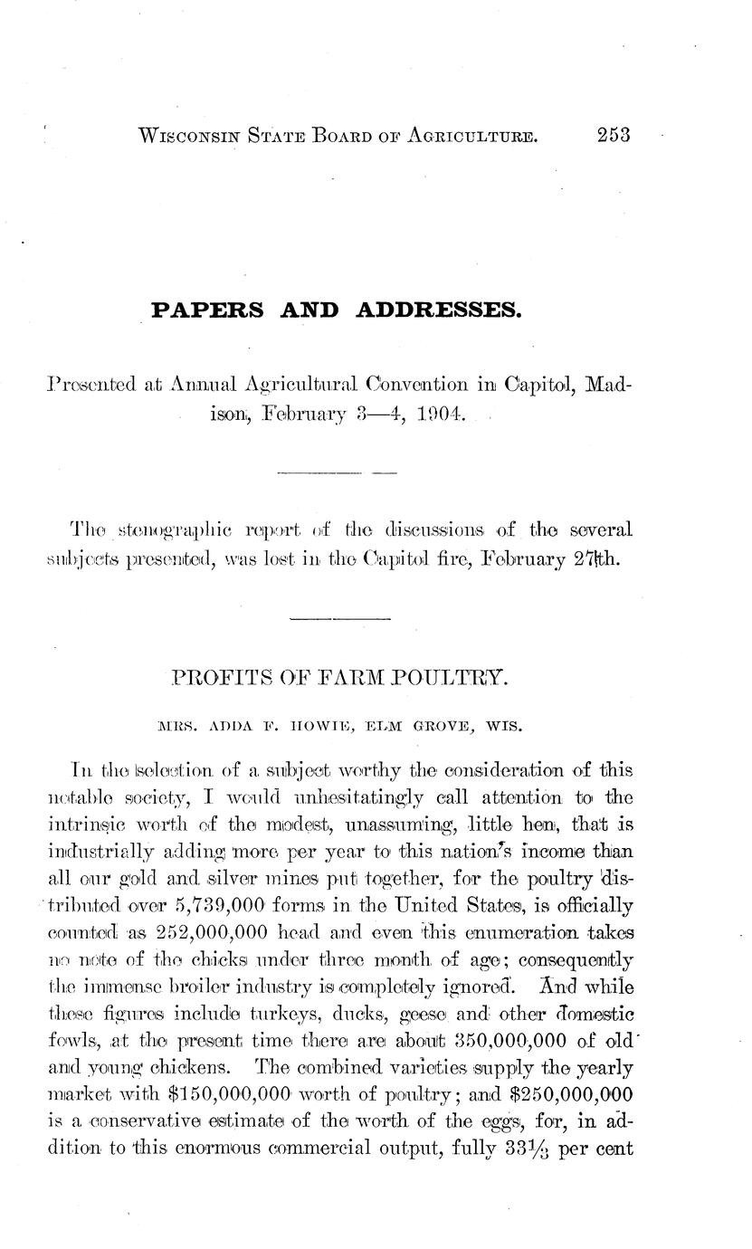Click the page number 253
point(613,136)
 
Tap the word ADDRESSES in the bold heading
point(440,310)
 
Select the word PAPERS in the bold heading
point(207,310)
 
